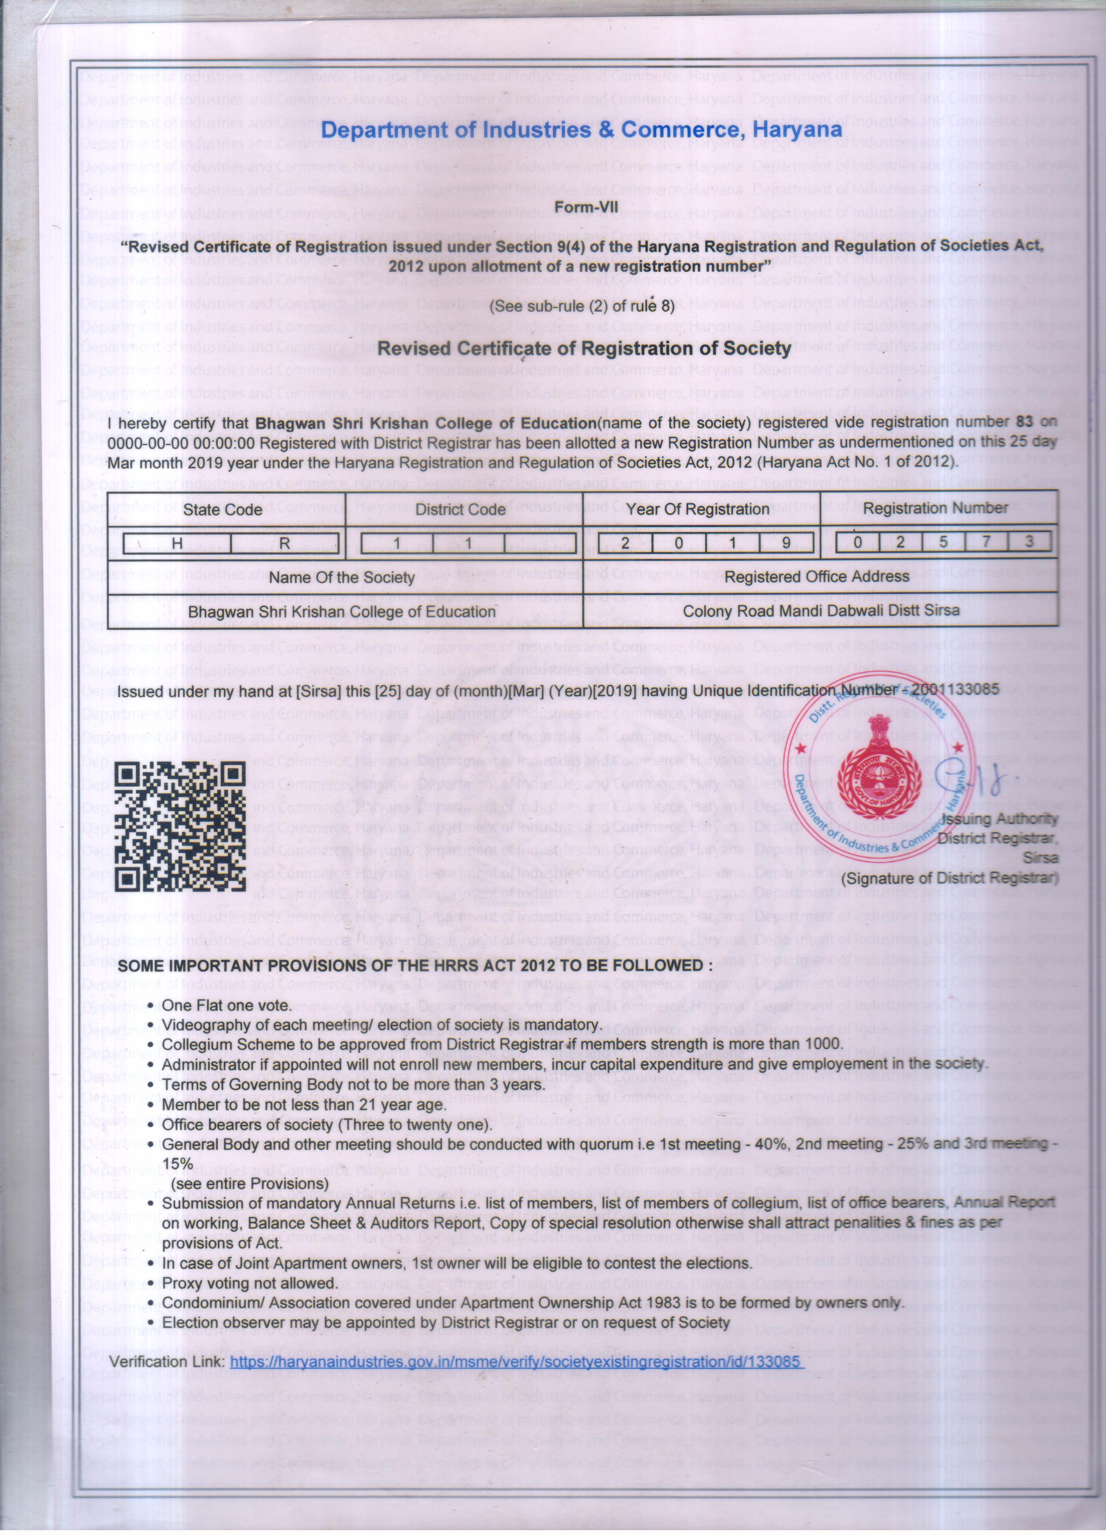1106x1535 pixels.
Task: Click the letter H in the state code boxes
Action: (x=177, y=543)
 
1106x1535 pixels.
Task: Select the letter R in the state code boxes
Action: (x=285, y=543)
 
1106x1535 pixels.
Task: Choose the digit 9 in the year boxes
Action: (x=786, y=543)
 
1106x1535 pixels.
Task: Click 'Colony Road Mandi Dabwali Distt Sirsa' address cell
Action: (x=821, y=611)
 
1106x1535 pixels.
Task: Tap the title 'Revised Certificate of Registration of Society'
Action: (x=583, y=348)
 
